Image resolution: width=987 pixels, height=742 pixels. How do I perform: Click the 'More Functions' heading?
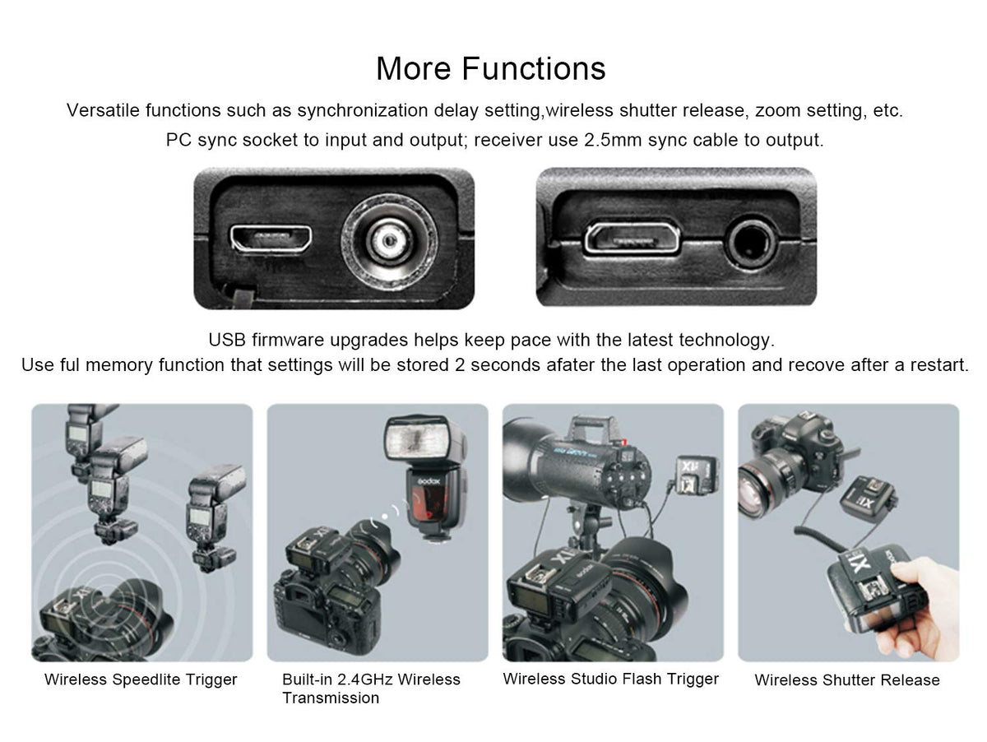491,68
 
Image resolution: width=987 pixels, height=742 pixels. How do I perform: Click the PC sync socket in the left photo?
389,243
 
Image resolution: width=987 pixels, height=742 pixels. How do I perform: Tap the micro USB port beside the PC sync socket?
271,238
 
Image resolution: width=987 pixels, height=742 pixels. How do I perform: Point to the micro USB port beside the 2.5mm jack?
632,238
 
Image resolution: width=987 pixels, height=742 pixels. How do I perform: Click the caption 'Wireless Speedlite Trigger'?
141,679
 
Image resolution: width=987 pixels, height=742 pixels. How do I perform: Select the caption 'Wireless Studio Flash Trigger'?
610,679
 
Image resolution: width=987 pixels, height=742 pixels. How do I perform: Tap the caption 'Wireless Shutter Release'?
847,680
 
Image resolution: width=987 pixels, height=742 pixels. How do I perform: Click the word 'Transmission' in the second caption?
331,698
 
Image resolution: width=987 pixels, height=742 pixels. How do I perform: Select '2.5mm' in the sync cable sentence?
613,141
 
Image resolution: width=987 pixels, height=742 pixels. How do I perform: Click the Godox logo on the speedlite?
430,481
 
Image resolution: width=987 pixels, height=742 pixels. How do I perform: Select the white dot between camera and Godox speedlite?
384,517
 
